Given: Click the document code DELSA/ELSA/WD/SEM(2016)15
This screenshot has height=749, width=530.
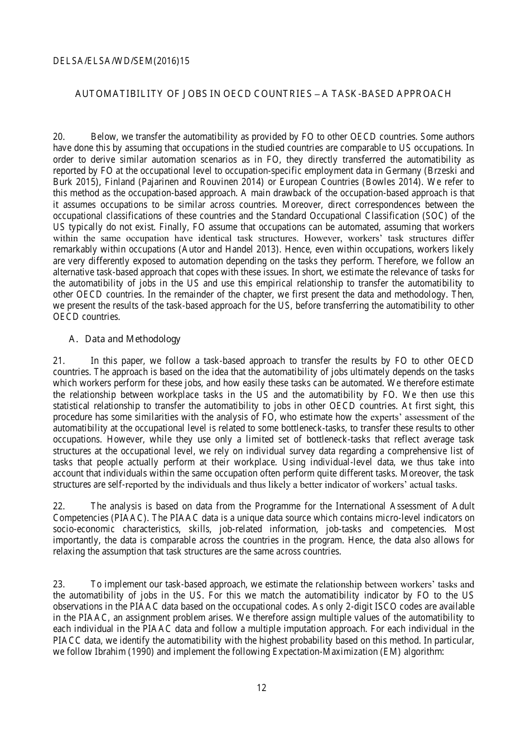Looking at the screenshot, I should coord(121,61).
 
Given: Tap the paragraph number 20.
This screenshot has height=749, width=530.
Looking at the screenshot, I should coord(59,137).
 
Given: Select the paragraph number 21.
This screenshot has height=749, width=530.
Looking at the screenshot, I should coord(59,361).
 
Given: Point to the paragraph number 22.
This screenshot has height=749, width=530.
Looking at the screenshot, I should coord(59,507).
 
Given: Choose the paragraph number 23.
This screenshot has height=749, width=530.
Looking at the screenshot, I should coord(59,585).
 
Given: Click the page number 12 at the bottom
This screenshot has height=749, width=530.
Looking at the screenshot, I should coord(262,688).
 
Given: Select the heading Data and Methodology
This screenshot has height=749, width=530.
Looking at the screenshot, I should coord(133,339).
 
